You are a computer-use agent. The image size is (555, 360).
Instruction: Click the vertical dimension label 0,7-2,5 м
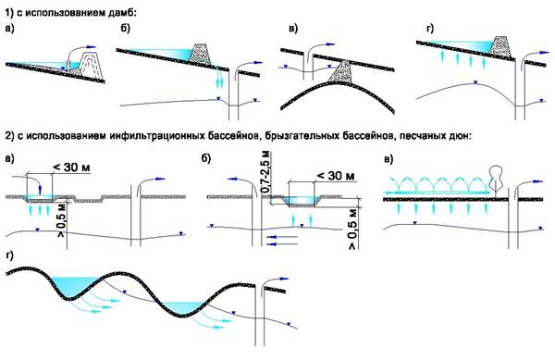point(266,171)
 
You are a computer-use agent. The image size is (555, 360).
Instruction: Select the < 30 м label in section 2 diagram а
point(71,168)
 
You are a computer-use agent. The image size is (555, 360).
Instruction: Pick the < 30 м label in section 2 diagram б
point(335,175)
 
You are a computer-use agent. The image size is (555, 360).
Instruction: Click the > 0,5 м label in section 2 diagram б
point(353,230)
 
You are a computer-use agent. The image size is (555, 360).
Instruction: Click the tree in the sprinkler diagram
point(496,180)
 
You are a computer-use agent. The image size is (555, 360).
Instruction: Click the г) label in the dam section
point(430,29)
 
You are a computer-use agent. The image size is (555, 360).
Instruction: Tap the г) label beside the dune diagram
point(10,255)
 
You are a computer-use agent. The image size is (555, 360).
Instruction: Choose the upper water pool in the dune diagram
point(75,285)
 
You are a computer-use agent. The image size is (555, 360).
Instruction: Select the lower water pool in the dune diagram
point(183,307)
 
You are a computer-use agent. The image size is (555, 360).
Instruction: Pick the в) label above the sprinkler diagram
point(388,159)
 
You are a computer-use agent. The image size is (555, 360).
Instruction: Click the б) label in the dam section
point(126,29)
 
